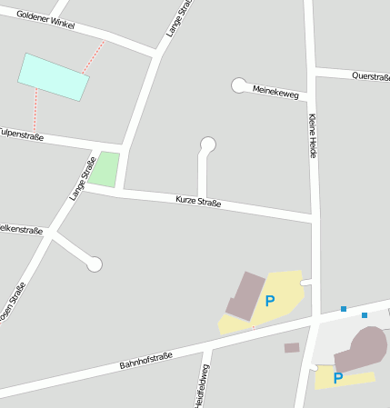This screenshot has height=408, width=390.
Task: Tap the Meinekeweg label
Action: (x=275, y=91)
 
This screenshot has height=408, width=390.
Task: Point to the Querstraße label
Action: (x=371, y=76)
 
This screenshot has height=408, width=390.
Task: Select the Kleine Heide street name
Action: (x=313, y=136)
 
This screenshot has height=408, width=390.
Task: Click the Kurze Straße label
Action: (x=197, y=201)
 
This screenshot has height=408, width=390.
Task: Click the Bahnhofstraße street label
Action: (x=145, y=360)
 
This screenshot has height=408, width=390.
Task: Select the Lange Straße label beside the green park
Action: (x=83, y=178)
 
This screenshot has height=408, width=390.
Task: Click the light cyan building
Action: (x=54, y=76)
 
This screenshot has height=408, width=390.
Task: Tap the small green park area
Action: (x=105, y=169)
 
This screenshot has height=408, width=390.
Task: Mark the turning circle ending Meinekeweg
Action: (x=239, y=85)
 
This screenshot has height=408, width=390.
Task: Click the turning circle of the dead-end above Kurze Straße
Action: (x=208, y=144)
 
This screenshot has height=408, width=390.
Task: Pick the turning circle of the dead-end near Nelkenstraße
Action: (x=95, y=264)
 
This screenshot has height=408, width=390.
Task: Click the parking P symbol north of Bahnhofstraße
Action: (x=269, y=300)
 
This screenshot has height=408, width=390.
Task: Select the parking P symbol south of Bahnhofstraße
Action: (x=337, y=378)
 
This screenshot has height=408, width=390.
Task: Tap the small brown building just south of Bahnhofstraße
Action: (x=292, y=347)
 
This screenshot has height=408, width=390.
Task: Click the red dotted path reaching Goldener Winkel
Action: (x=94, y=56)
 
